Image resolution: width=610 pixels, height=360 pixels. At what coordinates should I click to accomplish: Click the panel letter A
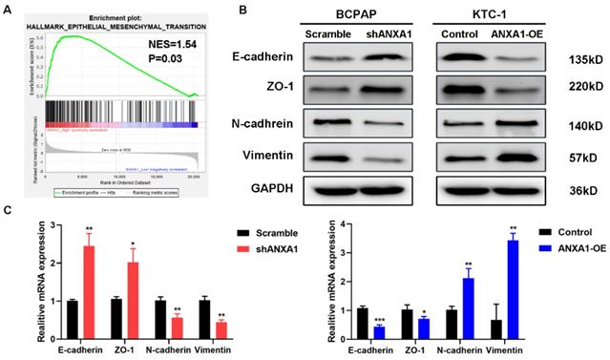click(x=8, y=9)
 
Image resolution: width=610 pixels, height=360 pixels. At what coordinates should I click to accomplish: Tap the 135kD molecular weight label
click(x=579, y=59)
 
